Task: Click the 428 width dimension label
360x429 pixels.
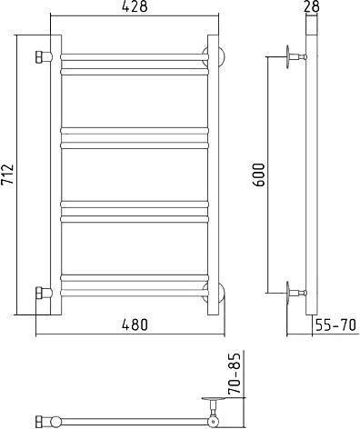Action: (x=135, y=6)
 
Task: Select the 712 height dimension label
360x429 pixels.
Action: (x=7, y=175)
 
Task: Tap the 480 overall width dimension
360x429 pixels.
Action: (x=135, y=324)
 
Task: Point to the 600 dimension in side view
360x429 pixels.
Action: (x=258, y=175)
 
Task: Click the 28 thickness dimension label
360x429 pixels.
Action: (x=311, y=6)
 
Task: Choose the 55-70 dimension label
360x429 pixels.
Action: (x=335, y=325)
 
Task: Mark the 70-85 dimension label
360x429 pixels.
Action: (x=235, y=373)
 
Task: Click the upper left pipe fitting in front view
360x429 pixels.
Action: (x=44, y=57)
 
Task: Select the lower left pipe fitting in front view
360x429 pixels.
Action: (x=44, y=293)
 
